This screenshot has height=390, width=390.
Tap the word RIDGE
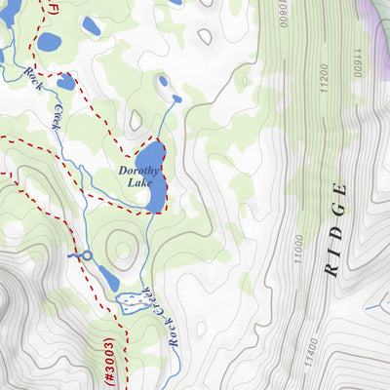[337, 230]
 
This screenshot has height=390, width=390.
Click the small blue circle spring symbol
[86, 255]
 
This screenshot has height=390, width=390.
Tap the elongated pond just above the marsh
[107, 279]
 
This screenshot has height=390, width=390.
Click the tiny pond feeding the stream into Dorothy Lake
[176, 97]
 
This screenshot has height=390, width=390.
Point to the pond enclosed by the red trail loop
[65, 82]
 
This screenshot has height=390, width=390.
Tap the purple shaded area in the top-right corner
[374, 15]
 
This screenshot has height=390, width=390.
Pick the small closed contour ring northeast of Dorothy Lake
[205, 37]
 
